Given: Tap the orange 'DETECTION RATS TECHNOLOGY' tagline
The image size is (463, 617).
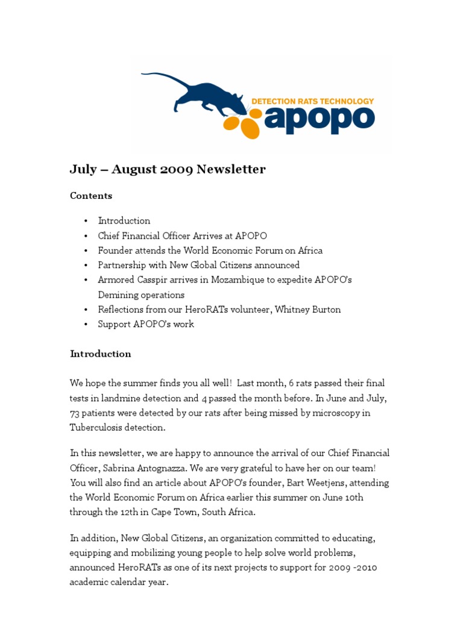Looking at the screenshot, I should coord(312,101).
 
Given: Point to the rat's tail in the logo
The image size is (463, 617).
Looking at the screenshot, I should coord(158,77).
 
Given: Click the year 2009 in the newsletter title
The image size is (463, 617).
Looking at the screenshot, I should coord(177,169).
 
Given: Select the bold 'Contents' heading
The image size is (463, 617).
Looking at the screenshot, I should coord(91,196).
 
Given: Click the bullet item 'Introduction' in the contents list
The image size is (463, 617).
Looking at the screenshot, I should coord(124,221).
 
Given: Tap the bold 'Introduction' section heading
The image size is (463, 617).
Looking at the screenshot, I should coord(101,354).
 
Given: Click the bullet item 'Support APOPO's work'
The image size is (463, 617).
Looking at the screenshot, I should coord(146,324).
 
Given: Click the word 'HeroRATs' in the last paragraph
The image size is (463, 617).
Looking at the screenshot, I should coord(142,567).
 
